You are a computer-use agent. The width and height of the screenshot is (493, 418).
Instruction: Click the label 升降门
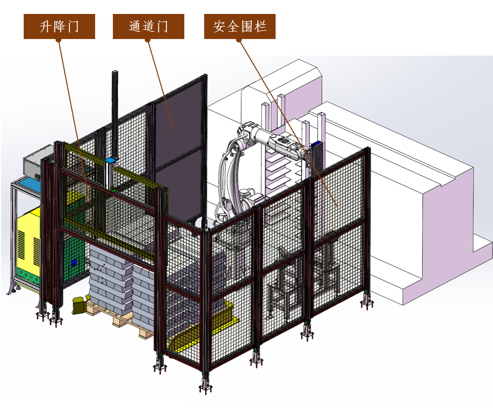[59, 26]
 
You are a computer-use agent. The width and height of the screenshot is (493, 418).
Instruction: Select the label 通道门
[148, 26]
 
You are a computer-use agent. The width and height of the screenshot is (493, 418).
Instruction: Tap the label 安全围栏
[240, 26]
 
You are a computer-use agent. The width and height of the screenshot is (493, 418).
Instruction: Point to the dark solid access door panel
[179, 148]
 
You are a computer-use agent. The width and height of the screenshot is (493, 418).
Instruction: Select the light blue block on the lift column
[110, 160]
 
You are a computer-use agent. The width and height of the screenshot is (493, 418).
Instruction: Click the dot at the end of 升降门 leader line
[59, 40]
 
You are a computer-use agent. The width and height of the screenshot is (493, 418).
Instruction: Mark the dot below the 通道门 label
[148, 40]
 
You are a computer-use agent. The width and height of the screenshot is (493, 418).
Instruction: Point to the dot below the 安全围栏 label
[239, 40]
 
